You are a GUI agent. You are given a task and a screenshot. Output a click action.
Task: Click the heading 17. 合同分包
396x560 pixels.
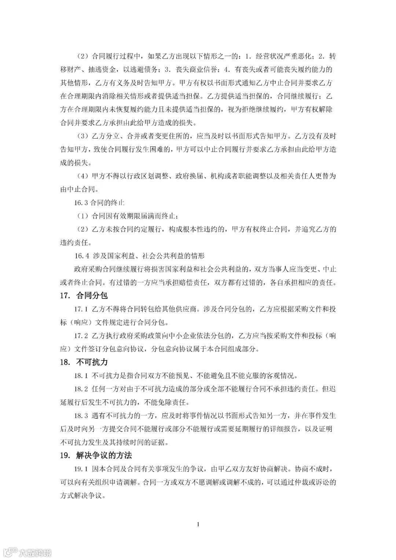(x=84, y=296)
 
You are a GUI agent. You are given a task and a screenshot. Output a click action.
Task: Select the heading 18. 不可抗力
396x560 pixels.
(x=84, y=362)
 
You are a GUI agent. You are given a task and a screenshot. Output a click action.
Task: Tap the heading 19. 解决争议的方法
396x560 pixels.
(x=96, y=456)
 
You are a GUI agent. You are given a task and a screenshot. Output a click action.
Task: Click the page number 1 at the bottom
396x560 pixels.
(x=198, y=524)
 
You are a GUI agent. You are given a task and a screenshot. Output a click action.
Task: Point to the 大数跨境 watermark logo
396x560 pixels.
(x=27, y=552)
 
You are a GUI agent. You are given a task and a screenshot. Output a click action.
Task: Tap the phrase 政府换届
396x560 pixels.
(x=190, y=176)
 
